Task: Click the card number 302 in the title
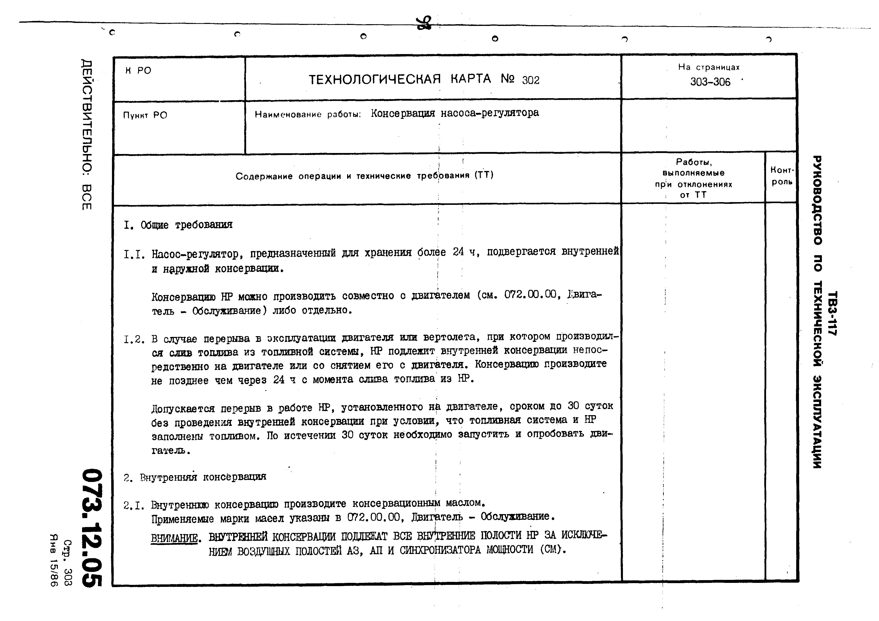click(x=531, y=80)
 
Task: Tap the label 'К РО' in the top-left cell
click(x=138, y=71)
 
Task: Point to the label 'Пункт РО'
click(x=145, y=115)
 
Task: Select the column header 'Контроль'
click(x=782, y=176)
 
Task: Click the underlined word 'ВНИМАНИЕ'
click(x=174, y=538)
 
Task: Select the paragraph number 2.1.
click(x=134, y=506)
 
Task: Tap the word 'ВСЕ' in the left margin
click(x=87, y=197)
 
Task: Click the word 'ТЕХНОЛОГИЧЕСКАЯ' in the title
click(x=375, y=79)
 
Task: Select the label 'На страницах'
click(x=709, y=67)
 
